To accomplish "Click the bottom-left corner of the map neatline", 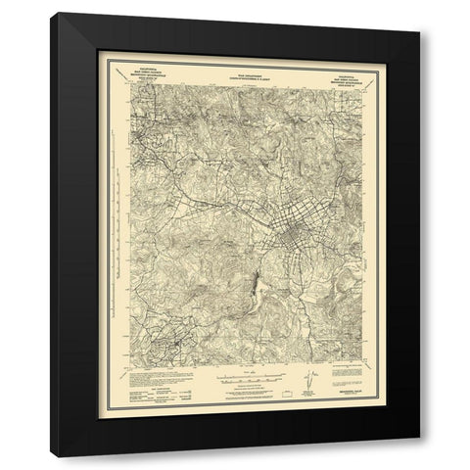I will coord(126,367).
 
